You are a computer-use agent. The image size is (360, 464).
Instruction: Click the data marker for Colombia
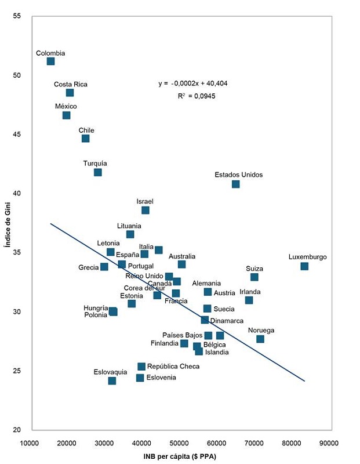50,61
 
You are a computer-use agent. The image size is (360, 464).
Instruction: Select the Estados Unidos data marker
235,184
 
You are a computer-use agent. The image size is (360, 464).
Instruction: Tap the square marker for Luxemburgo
304,266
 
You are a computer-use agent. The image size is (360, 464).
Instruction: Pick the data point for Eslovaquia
112,381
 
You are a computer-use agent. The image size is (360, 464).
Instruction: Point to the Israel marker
145,210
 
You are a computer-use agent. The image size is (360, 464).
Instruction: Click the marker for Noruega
260,339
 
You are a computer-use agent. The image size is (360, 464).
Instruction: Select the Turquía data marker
97,172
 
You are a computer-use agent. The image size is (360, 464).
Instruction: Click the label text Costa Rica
71,84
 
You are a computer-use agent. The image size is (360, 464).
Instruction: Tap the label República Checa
173,367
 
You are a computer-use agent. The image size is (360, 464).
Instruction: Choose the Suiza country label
254,269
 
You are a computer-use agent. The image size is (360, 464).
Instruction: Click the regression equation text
193,84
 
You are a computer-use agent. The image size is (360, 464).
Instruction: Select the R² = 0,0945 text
196,96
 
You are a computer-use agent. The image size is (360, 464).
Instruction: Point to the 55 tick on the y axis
17,16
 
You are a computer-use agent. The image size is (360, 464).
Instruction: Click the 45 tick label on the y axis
17,135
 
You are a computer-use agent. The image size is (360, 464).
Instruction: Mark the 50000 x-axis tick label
180,443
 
